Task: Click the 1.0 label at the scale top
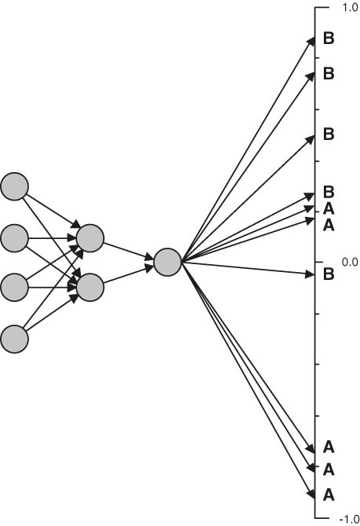pos(351,8)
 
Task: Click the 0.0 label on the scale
pos(350,262)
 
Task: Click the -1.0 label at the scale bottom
pos(350,520)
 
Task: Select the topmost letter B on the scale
pos(329,39)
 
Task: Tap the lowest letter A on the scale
pos(329,495)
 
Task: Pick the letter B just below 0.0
pos(329,274)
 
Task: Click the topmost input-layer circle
pos(14,186)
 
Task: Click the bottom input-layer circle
pos(14,339)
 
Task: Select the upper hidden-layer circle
pos(90,238)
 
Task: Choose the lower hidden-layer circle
pos(90,288)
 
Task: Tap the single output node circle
pos(167,263)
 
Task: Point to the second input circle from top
pos(14,238)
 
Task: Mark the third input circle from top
pos(14,288)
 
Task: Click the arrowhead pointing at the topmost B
pos(311,42)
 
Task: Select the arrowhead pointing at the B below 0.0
pos(310,274)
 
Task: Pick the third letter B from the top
pos(329,134)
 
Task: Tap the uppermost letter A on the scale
pos(329,209)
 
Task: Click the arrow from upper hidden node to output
pos(128,251)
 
